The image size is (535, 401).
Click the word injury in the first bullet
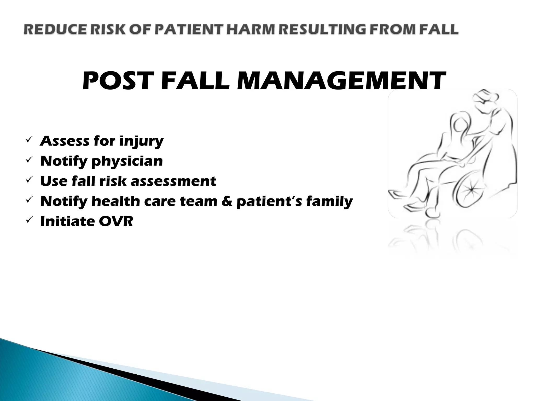tap(141, 141)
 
